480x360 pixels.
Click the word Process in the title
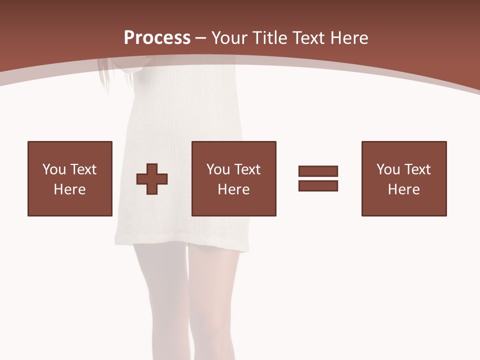[157, 38]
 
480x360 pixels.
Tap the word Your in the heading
[228, 38]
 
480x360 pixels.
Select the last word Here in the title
[348, 38]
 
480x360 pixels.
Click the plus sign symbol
[152, 178]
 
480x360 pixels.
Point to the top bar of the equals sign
[318, 171]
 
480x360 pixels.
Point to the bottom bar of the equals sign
[318, 185]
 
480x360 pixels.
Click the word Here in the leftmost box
[70, 189]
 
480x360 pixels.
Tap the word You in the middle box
[218, 169]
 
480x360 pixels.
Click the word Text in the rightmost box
[416, 169]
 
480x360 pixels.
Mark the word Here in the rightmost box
[404, 189]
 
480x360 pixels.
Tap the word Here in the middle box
[234, 189]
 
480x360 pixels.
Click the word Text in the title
[306, 38]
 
